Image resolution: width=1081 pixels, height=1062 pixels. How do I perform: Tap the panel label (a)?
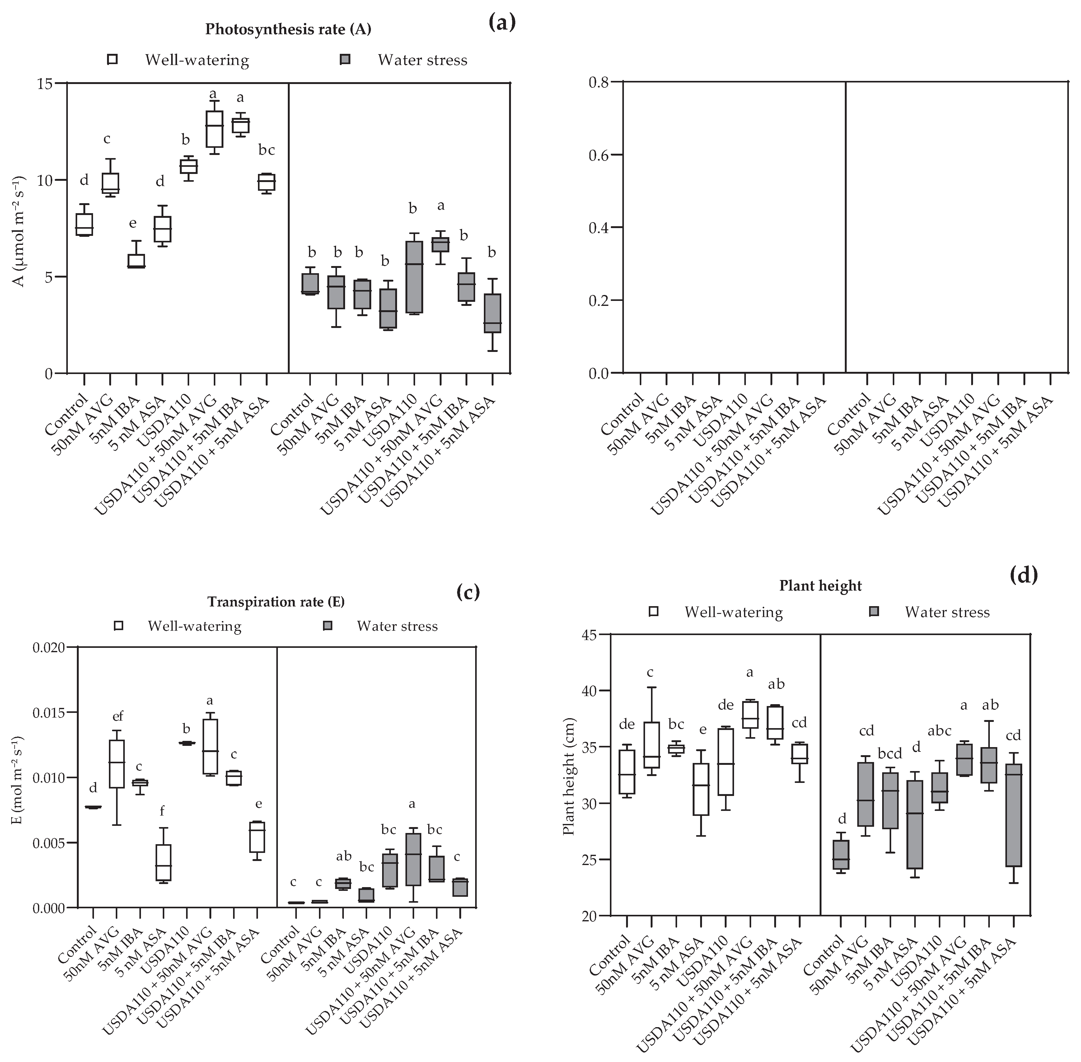click(502, 22)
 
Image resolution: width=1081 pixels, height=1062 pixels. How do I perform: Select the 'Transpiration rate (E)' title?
click(276, 602)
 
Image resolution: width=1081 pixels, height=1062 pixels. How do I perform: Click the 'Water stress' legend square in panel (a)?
click(346, 60)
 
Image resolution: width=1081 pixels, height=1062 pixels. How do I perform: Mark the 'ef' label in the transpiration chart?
click(117, 716)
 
